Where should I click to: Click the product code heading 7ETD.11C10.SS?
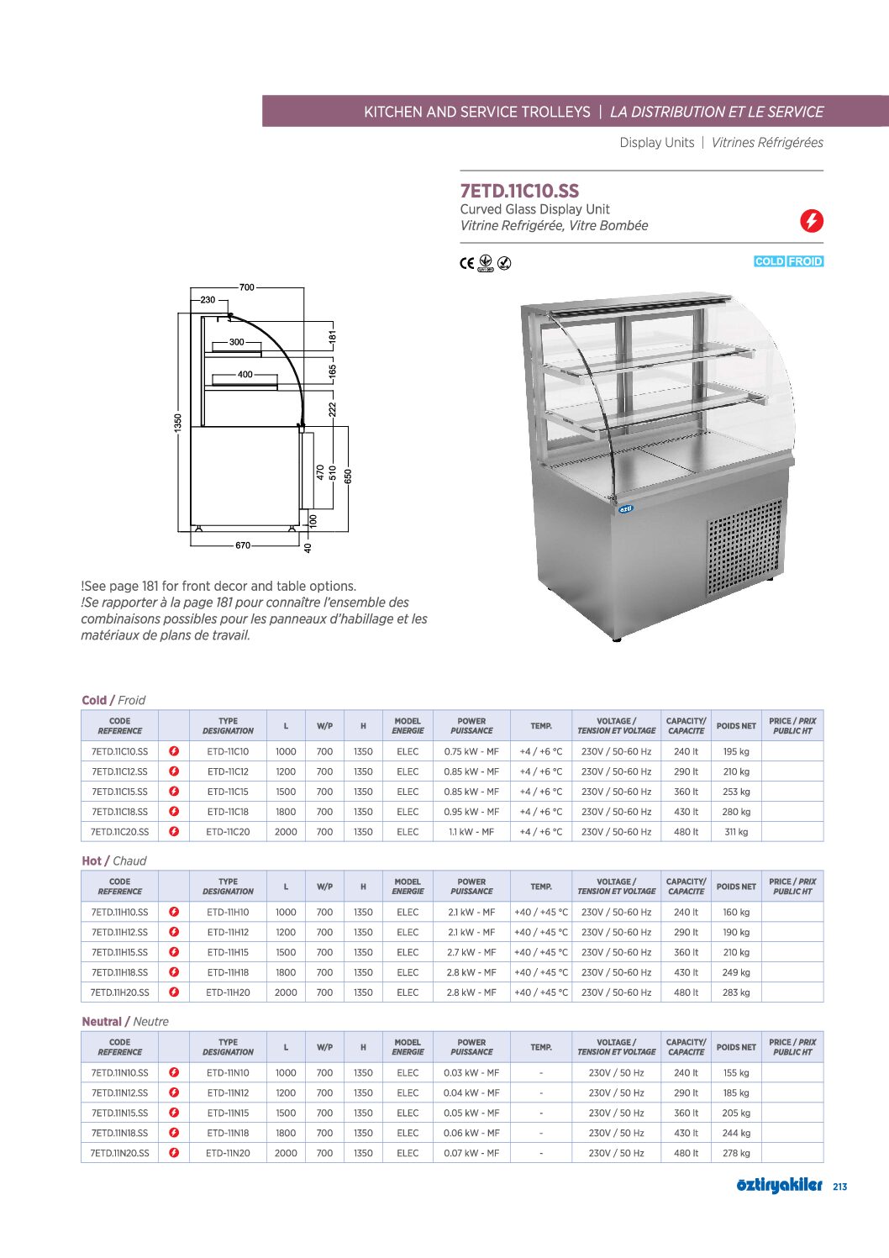click(519, 191)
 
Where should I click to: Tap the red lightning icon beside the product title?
click(811, 221)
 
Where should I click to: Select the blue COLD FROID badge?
click(788, 261)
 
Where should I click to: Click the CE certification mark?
click(466, 263)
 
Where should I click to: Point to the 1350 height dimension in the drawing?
click(178, 422)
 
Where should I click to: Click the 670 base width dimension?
click(243, 545)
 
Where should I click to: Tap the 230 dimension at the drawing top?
click(208, 300)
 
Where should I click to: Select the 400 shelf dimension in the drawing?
click(245, 375)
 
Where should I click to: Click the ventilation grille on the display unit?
click(743, 546)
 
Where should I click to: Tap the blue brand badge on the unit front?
click(625, 509)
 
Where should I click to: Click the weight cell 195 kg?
click(736, 751)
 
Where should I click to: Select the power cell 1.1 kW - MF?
click(471, 832)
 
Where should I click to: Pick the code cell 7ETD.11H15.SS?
click(119, 952)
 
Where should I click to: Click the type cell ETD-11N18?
click(228, 1133)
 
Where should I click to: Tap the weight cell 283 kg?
click(736, 992)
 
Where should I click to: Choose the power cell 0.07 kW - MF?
click(471, 1153)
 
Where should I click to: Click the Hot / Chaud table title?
click(114, 861)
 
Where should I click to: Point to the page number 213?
click(839, 1187)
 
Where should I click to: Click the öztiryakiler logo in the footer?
click(779, 1185)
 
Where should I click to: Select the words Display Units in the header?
click(657, 143)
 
